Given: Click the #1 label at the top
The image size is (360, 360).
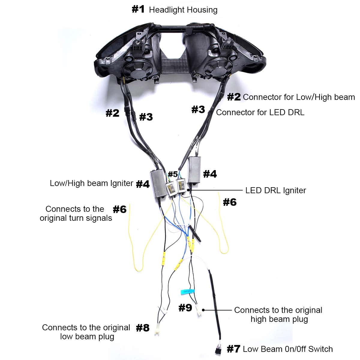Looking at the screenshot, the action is [138, 9].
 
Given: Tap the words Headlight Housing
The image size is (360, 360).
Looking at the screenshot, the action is [183, 10].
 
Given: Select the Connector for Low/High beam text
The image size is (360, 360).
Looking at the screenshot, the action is [299, 97].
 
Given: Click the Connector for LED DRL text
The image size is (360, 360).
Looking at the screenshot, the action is [260, 112].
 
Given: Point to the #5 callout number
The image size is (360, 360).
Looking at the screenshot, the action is [173, 174].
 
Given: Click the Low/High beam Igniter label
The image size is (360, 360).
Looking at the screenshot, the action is [91, 183].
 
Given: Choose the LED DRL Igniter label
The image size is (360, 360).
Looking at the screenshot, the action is [276, 190].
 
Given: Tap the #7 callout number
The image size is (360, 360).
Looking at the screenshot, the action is [233, 349].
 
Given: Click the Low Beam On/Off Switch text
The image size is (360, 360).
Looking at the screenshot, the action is [288, 349].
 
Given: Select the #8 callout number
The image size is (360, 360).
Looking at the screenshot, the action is [143, 328].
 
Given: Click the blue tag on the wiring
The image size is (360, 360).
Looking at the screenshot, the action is [187, 291].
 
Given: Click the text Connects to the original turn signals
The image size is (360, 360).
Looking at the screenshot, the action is [76, 214].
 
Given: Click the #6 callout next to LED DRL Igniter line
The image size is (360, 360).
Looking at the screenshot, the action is [229, 202].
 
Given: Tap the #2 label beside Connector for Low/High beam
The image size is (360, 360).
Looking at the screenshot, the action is [234, 97].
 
